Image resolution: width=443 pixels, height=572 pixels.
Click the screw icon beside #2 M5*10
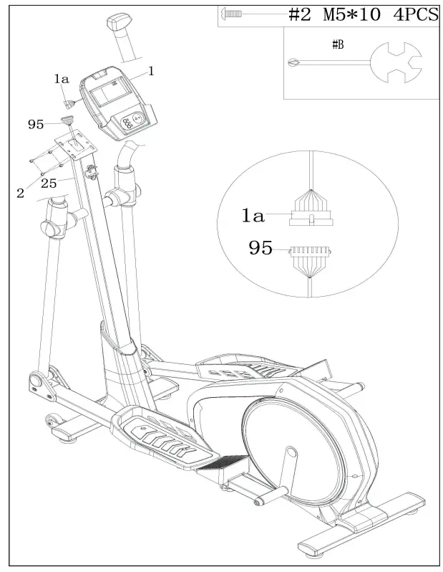tap(231, 14)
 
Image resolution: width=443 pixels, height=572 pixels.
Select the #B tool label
tap(338, 45)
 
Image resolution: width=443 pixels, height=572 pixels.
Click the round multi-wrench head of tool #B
tap(396, 62)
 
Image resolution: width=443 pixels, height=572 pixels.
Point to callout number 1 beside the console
tap(151, 71)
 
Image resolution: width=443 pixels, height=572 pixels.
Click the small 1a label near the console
tap(62, 79)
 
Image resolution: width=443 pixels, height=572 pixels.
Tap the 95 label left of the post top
tap(36, 125)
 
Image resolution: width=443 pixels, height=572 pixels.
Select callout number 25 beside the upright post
tap(49, 183)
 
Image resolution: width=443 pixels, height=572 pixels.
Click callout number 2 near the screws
tap(21, 193)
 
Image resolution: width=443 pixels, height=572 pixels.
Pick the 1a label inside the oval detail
tap(253, 216)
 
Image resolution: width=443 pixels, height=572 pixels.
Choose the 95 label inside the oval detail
tap(261, 248)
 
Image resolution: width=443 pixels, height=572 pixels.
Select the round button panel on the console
tap(131, 120)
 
